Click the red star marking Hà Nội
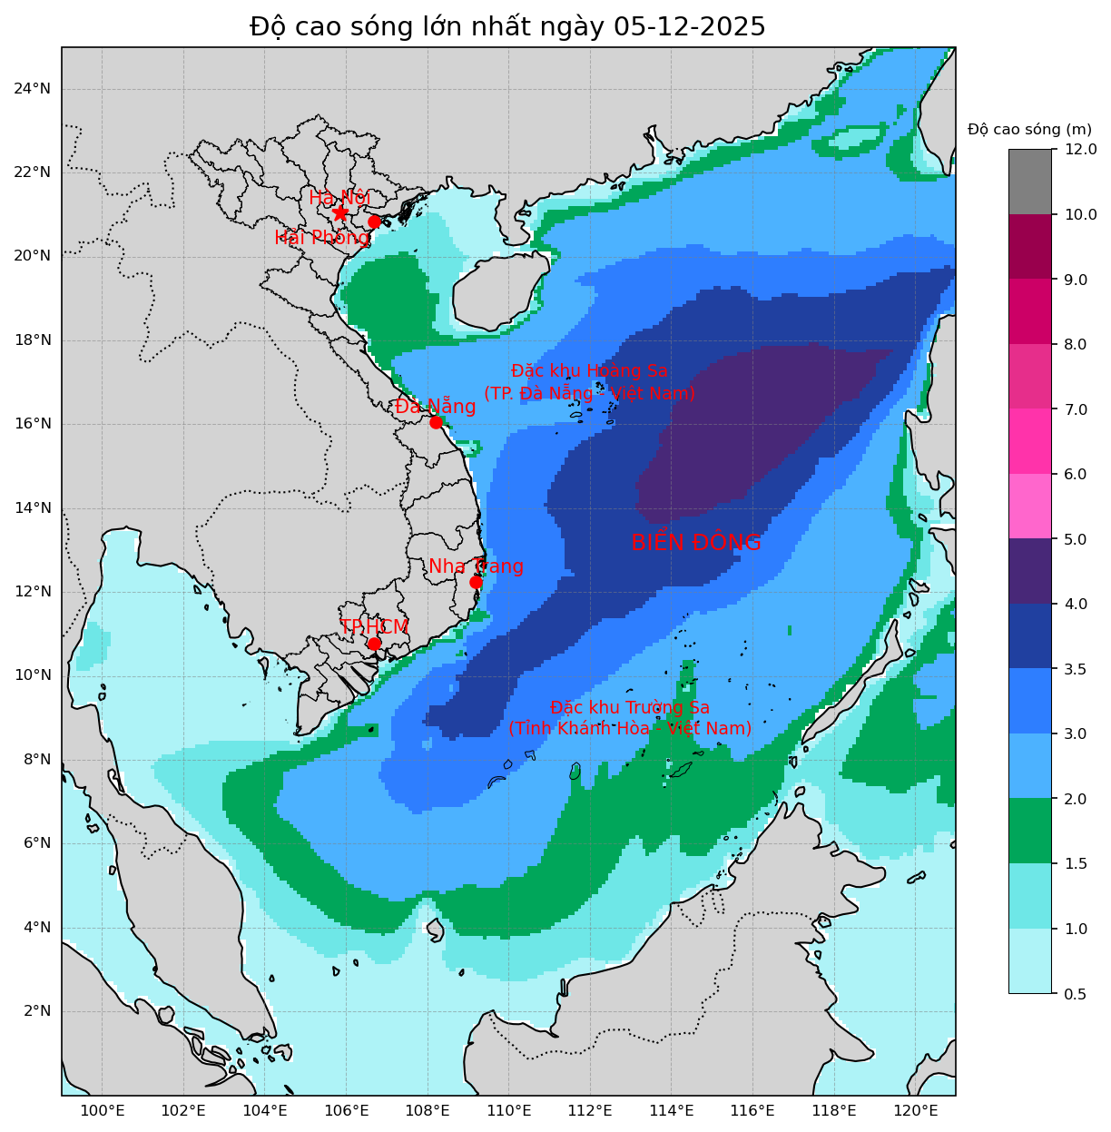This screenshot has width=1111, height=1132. (x=340, y=212)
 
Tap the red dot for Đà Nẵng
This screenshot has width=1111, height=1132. (x=436, y=422)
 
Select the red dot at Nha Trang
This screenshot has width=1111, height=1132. (x=476, y=582)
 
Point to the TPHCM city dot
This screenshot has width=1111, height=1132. (x=374, y=644)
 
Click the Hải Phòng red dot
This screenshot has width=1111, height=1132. (x=374, y=221)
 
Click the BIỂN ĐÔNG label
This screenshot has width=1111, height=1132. (x=695, y=543)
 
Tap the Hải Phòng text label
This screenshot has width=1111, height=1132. (x=322, y=238)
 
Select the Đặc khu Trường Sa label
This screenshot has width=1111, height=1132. (x=630, y=718)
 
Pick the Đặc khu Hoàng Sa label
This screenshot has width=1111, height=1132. (x=589, y=382)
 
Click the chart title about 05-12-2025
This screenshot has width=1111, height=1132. (x=507, y=27)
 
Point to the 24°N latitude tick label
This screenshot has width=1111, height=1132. (x=32, y=88)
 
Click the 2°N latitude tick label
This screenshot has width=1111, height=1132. (x=35, y=1011)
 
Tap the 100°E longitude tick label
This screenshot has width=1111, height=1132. (x=103, y=1110)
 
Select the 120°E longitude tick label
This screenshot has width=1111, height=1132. (x=915, y=1110)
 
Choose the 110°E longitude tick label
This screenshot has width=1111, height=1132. (x=508, y=1110)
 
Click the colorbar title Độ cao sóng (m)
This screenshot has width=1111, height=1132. (x=1029, y=129)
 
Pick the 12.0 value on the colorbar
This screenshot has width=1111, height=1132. (x=1079, y=149)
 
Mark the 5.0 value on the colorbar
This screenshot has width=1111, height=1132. (x=1076, y=539)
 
